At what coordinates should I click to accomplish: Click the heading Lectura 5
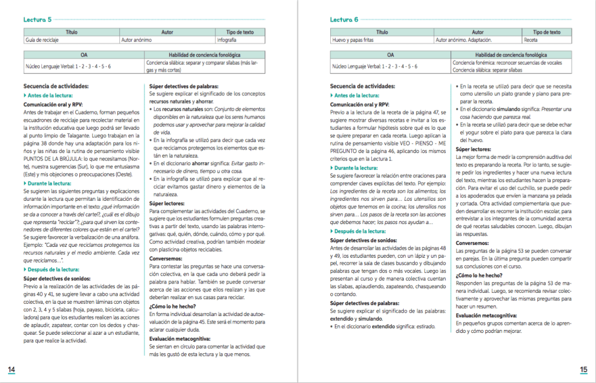[x=37, y=19]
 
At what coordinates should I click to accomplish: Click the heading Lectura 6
[x=344, y=19]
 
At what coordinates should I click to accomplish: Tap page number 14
[x=12, y=370]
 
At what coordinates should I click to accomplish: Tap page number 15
[x=584, y=370]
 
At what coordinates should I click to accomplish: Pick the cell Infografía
[x=227, y=41]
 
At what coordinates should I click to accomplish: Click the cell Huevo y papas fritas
[x=351, y=41]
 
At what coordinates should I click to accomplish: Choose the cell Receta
[x=531, y=41]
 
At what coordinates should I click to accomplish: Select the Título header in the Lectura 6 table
[x=382, y=33]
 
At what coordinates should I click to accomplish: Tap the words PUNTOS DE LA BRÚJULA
[x=47, y=159]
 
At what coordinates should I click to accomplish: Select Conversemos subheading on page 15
[x=472, y=243]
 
